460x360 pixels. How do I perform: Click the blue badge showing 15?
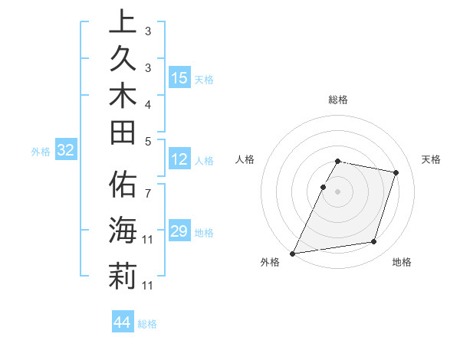pos(179,77)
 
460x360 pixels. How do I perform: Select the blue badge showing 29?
pos(179,231)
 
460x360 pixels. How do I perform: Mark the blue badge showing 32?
pos(66,150)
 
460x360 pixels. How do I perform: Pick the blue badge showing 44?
pos(122,322)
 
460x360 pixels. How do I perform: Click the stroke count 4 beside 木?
pos(148,104)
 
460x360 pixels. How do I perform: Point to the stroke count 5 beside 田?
pos(148,141)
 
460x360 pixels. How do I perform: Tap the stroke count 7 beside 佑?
pos(148,185)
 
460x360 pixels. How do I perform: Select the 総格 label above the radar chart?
pos(338,100)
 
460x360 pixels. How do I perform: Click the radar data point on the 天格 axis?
pos(396,172)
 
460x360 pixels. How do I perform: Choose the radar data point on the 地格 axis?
pos(374,242)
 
